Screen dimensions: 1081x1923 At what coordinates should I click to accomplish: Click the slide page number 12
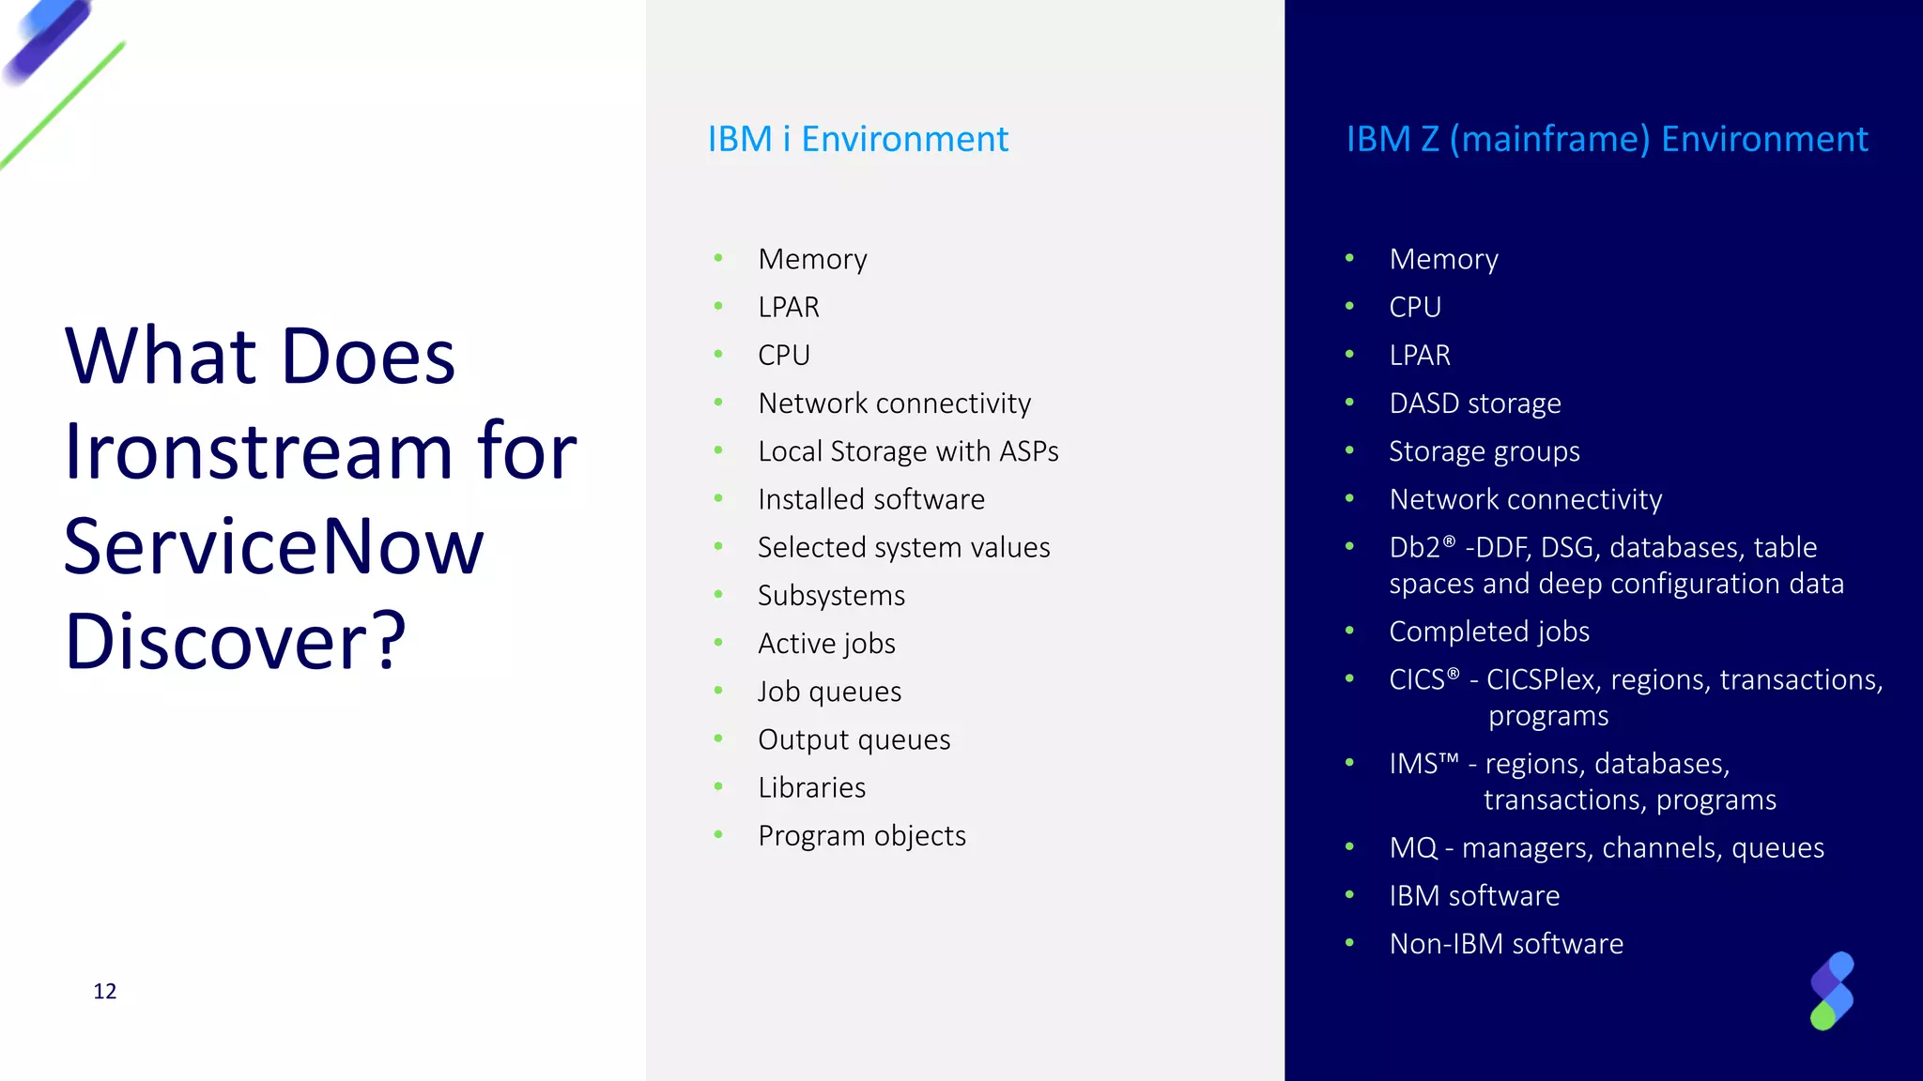pyautogui.click(x=105, y=992)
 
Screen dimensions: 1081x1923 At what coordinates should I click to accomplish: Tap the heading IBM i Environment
pyautogui.click(x=857, y=139)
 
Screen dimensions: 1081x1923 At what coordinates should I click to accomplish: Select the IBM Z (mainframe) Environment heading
pyautogui.click(x=1607, y=139)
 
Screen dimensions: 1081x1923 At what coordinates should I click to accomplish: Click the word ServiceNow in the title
pyautogui.click(x=273, y=546)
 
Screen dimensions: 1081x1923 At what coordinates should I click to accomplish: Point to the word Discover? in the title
pyautogui.click(x=235, y=642)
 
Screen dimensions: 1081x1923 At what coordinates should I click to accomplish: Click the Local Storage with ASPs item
pyautogui.click(x=908, y=451)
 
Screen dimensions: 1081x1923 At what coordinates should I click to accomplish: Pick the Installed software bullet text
pyautogui.click(x=871, y=499)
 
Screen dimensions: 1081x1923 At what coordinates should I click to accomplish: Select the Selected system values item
pyautogui.click(x=903, y=547)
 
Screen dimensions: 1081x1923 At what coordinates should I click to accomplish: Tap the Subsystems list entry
pyautogui.click(x=831, y=596)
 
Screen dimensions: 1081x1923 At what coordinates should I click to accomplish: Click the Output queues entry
pyautogui.click(x=854, y=739)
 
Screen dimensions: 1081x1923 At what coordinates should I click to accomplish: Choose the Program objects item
pyautogui.click(x=861, y=835)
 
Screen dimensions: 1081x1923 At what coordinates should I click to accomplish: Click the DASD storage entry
pyautogui.click(x=1474, y=403)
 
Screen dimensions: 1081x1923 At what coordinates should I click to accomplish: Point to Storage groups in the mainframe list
pyautogui.click(x=1484, y=451)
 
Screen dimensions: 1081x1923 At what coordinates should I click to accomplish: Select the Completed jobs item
pyautogui.click(x=1489, y=632)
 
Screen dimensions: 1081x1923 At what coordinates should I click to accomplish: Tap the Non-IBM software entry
pyautogui.click(x=1506, y=943)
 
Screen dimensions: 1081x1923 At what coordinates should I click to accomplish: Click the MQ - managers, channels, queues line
pyautogui.click(x=1607, y=847)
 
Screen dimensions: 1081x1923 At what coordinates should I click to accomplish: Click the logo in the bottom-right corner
pyautogui.click(x=1831, y=991)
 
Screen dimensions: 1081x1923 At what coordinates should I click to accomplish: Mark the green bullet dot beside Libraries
pyautogui.click(x=718, y=786)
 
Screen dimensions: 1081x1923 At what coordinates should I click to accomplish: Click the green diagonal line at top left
pyautogui.click(x=62, y=105)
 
